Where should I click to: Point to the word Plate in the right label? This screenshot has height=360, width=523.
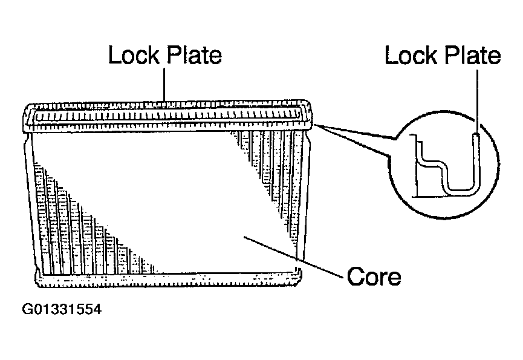tap(471, 55)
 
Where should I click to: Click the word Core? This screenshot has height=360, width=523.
tap(374, 277)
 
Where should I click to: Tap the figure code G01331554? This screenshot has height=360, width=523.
tap(62, 310)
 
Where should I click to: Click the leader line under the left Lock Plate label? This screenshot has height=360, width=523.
tap(164, 85)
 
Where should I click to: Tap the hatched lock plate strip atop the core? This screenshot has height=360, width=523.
tap(169, 114)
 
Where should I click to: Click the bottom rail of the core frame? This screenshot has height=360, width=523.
tap(169, 278)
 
